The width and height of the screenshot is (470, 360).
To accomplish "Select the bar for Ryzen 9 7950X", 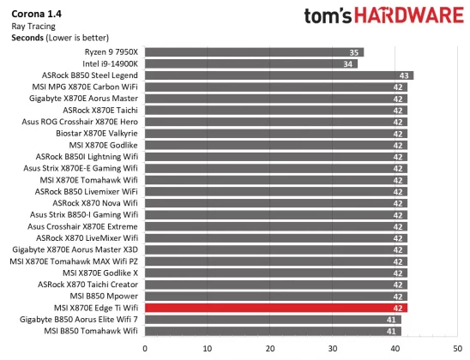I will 254,52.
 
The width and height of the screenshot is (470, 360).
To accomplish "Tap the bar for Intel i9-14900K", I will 251,63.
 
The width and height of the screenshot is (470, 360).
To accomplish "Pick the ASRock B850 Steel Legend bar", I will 279,75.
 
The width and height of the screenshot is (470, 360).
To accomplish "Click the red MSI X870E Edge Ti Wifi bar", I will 275,308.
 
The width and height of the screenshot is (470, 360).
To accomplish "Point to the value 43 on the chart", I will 406,75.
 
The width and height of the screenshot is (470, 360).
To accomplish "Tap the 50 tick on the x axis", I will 457,348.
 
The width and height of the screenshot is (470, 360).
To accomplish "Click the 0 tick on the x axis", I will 145,348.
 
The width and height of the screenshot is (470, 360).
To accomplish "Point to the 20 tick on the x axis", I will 270,348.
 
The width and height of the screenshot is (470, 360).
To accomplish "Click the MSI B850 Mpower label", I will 99,296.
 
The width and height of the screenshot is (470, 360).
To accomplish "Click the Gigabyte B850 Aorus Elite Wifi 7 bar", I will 273,319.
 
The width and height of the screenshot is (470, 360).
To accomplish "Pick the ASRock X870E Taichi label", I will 100,111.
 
